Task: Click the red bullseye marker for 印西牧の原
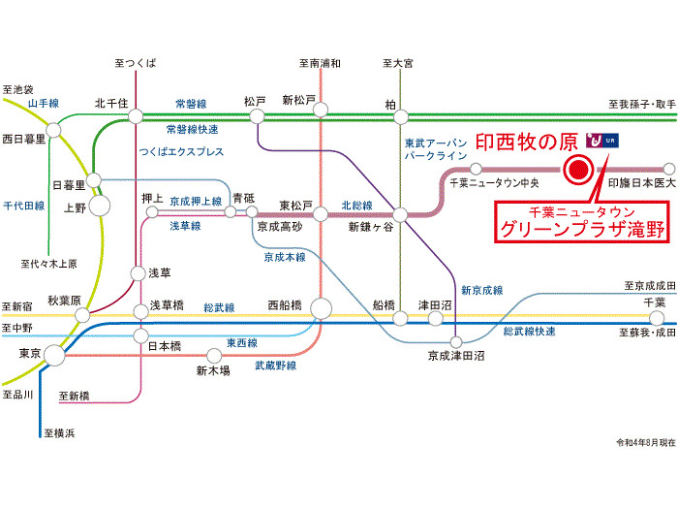pyautogui.click(x=578, y=170)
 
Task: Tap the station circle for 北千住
pyautogui.click(x=136, y=116)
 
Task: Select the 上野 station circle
pyautogui.click(x=100, y=206)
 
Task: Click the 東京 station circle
pyautogui.click(x=55, y=356)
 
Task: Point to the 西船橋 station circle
pyautogui.click(x=321, y=309)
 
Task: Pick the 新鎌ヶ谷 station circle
pyautogui.click(x=400, y=214)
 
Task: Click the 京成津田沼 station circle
pyautogui.click(x=456, y=342)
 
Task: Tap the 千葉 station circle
pyautogui.click(x=657, y=319)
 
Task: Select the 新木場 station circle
pyautogui.click(x=214, y=356)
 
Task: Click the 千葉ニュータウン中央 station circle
pyautogui.click(x=476, y=169)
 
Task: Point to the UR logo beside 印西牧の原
pyautogui.click(x=602, y=140)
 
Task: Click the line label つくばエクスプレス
pyautogui.click(x=182, y=152)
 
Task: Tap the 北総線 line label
pyautogui.click(x=356, y=206)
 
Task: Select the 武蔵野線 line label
pyautogui.click(x=275, y=366)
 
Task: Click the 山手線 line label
pyautogui.click(x=44, y=104)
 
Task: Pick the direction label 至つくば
pyautogui.click(x=136, y=63)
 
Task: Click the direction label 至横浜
pyautogui.click(x=59, y=432)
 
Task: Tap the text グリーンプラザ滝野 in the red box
pyautogui.click(x=582, y=229)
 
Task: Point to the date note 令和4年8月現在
pyautogui.click(x=646, y=442)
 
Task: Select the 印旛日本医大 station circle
pyautogui.click(x=668, y=169)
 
